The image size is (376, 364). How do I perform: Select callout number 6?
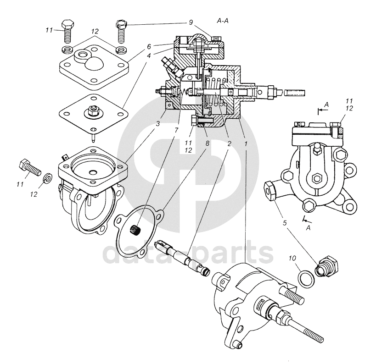pyautogui.click(x=149, y=46)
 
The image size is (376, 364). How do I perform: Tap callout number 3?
pyautogui.click(x=158, y=124)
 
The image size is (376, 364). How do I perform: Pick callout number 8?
pyautogui.click(x=207, y=143)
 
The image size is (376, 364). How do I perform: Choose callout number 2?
pyautogui.click(x=229, y=143)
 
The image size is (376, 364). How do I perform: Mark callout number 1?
pyautogui.click(x=246, y=143)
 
